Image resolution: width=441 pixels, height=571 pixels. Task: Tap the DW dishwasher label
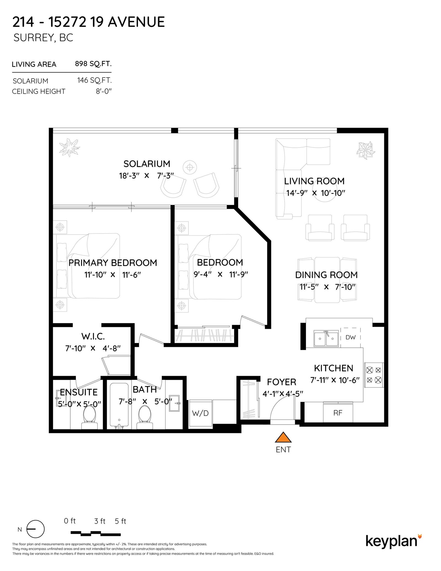pyautogui.click(x=350, y=337)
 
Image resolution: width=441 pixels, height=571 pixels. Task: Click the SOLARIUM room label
pyautogui.click(x=147, y=164)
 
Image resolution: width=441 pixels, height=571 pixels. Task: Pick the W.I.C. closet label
pyautogui.click(x=93, y=336)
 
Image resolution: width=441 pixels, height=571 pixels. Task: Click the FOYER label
pyautogui.click(x=281, y=382)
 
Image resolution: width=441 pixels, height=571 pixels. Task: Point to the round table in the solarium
pyautogui.click(x=190, y=167)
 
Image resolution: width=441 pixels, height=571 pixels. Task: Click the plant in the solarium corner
pyautogui.click(x=69, y=148)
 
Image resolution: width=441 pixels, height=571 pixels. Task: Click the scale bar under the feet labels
pyautogui.click(x=96, y=533)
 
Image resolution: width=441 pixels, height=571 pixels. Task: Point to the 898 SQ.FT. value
pyautogui.click(x=93, y=64)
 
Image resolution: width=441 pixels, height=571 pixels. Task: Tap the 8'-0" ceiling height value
pyautogui.click(x=104, y=91)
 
